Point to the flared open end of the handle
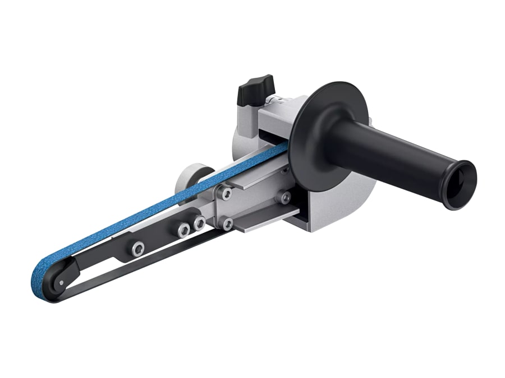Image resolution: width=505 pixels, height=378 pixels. pyautogui.click(x=459, y=185)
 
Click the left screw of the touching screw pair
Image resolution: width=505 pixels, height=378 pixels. pyautogui.click(x=183, y=230)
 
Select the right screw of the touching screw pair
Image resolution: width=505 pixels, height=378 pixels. pyautogui.click(x=199, y=223)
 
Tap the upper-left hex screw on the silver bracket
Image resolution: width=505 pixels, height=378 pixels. pyautogui.click(x=226, y=193)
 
